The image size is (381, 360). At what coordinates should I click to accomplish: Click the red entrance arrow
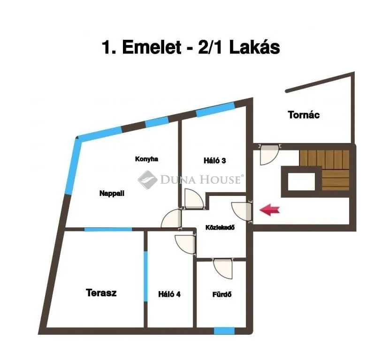pyautogui.click(x=269, y=210)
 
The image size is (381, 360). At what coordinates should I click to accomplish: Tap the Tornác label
pyautogui.click(x=304, y=114)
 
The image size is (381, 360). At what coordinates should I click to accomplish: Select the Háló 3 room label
pyautogui.click(x=215, y=160)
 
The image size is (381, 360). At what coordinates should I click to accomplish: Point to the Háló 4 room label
pyautogui.click(x=169, y=294)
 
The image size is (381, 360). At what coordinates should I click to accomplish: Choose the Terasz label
pyautogui.click(x=101, y=293)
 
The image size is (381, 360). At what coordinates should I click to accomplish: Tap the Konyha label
pyautogui.click(x=146, y=159)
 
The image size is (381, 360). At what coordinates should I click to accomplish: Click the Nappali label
pyautogui.click(x=112, y=193)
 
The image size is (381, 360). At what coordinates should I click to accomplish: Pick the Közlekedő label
pyautogui.click(x=220, y=227)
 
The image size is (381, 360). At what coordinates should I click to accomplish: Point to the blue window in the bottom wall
pyautogui.click(x=224, y=330)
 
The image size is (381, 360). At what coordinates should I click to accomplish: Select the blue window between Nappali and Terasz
pyautogui.click(x=108, y=229)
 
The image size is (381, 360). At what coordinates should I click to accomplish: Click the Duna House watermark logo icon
pyautogui.click(x=147, y=179)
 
